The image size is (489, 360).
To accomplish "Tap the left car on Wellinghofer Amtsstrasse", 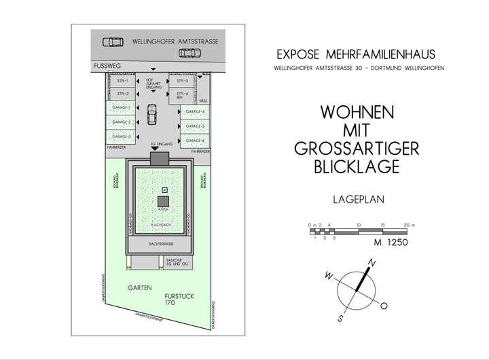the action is click(x=113, y=41).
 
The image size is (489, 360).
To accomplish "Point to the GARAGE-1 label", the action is click(x=122, y=107).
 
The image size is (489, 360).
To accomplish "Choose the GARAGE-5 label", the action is click(x=194, y=126).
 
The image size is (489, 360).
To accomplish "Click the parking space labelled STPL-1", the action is click(x=122, y=81).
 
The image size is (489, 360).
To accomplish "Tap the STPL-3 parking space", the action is click(x=181, y=81).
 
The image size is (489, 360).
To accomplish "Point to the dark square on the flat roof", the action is click(x=164, y=201).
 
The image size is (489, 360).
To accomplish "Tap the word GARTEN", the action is click(x=140, y=288).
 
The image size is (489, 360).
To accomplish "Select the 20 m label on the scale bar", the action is click(x=405, y=223).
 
